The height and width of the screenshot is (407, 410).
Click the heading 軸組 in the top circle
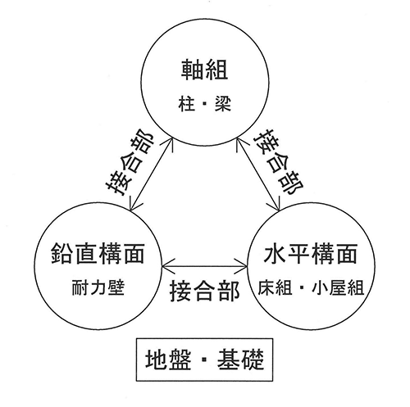tap(205, 70)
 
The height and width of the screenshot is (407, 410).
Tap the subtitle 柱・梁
tap(205, 104)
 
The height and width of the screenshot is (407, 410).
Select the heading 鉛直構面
tap(98, 253)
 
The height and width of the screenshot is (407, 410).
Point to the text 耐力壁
tap(98, 287)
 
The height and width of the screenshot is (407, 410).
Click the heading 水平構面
tap(311, 253)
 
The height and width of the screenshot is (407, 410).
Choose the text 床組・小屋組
tap(311, 287)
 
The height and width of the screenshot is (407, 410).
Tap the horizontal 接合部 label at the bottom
tap(205, 291)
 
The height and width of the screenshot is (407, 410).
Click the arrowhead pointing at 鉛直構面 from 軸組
tap(132, 206)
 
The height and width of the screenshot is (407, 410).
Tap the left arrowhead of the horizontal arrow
tap(166, 266)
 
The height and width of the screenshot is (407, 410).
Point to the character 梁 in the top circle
tap(223, 104)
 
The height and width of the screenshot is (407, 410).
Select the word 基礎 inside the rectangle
tap(240, 360)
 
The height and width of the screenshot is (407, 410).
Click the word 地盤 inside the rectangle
tap(168, 360)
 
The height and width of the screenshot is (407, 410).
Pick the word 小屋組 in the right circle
tap(338, 287)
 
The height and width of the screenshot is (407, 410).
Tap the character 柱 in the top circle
tap(186, 104)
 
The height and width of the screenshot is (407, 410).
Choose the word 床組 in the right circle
tap(275, 287)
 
